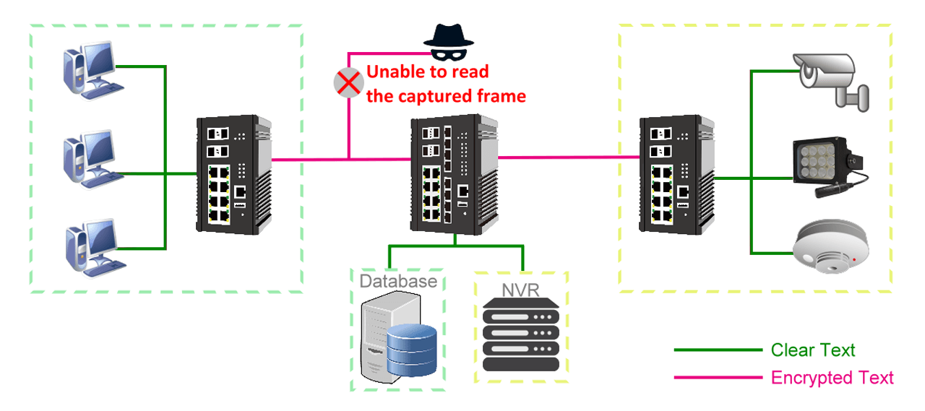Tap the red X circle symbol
pyautogui.click(x=348, y=83)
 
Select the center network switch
pyautogui.click(x=454, y=175)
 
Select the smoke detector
pyautogui.click(x=829, y=249)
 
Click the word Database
pyautogui.click(x=398, y=280)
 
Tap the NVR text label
pyautogui.click(x=521, y=291)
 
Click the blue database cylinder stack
pyautogui.click(x=411, y=351)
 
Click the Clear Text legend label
pyautogui.click(x=813, y=350)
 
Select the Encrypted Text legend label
pyautogui.click(x=832, y=377)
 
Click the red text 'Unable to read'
pyautogui.click(x=428, y=72)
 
